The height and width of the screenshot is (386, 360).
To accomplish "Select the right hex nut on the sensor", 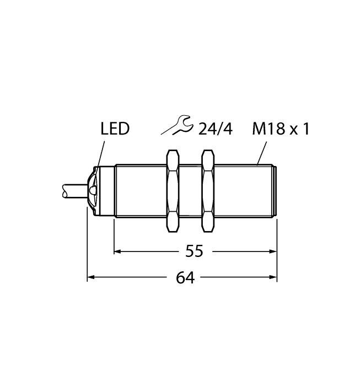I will coord(209,190).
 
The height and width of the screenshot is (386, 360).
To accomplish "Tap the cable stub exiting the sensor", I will coord(72,190).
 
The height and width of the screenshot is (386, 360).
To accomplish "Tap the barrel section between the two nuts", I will coord(191,190).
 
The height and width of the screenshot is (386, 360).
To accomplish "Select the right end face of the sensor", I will coord(275,190).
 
